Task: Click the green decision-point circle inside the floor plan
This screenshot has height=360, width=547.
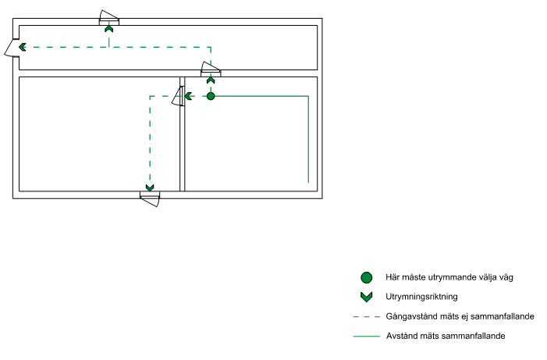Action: (x=211, y=96)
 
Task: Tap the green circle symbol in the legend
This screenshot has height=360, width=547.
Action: (x=367, y=277)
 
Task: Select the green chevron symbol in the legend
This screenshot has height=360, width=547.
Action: (x=367, y=297)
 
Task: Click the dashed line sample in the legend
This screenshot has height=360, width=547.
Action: (x=367, y=317)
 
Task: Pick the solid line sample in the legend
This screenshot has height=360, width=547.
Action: (x=367, y=337)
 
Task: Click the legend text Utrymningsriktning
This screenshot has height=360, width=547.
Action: (x=421, y=297)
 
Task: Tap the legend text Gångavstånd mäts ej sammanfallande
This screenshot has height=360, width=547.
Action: (x=460, y=317)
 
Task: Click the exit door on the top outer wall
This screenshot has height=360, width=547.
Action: (x=108, y=17)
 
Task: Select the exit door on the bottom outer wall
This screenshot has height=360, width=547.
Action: (x=150, y=196)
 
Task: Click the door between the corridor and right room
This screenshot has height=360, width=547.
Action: (x=211, y=69)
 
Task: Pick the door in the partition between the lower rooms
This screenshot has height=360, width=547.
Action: (x=179, y=95)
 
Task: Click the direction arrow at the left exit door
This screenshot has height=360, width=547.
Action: (x=23, y=47)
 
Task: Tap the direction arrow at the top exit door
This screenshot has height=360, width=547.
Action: (x=109, y=29)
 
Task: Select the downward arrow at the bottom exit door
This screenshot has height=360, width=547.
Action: (x=150, y=187)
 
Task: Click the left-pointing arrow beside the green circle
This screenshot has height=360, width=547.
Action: (x=189, y=96)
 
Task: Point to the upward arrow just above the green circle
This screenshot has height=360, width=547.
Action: (x=211, y=80)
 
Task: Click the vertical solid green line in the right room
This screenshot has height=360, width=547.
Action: (x=309, y=141)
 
